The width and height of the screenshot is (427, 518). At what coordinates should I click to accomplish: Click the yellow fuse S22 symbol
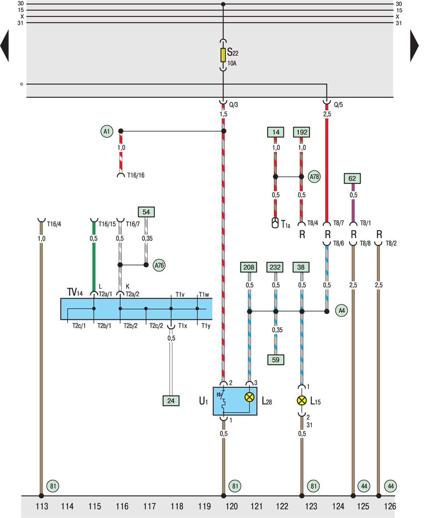[x=223, y=55]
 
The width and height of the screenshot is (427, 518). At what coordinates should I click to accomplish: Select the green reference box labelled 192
[x=301, y=132]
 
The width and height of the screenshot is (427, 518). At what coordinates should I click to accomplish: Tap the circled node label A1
[x=107, y=131]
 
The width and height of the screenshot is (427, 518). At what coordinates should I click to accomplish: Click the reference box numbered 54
[x=146, y=212]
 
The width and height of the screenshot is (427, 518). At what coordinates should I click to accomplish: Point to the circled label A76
[x=159, y=265]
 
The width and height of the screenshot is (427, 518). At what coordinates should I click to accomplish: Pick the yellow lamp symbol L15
[x=302, y=400]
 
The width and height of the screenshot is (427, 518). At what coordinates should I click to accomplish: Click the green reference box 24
[x=171, y=401]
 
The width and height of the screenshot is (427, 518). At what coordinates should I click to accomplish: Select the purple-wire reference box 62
[x=352, y=179]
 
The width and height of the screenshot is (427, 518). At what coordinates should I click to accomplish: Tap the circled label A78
[x=314, y=177]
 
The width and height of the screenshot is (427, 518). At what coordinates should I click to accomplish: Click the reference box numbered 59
[x=276, y=360]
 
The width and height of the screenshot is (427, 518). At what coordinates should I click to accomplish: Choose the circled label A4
[x=342, y=311]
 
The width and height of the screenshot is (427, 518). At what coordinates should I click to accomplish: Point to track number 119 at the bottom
[x=204, y=507]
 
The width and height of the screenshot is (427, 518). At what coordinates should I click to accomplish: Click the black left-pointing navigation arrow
[x=4, y=46]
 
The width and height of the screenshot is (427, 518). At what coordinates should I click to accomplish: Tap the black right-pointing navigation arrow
[x=414, y=46]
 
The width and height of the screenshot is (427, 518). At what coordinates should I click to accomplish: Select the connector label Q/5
[x=338, y=105]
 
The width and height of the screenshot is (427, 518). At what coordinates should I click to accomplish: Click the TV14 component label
[x=75, y=293]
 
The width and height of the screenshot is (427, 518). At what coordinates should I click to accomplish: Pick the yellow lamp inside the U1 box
[x=250, y=397]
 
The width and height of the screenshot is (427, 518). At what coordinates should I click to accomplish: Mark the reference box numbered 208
[x=249, y=267]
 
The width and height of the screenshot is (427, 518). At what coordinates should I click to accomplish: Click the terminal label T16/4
[x=54, y=224]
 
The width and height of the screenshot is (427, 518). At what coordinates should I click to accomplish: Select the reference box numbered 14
[x=276, y=132]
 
